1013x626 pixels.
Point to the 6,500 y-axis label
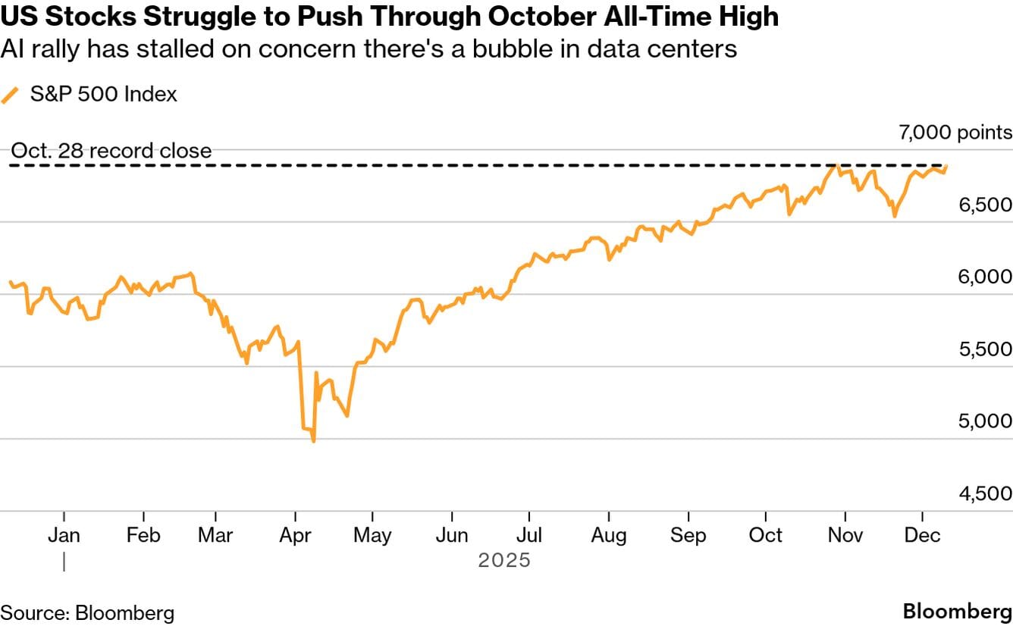click(x=980, y=205)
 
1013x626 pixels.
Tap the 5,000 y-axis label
click(x=980, y=421)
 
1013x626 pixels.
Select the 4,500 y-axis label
click(x=980, y=493)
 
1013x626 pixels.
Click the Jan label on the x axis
click(x=64, y=535)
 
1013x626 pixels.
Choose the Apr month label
click(x=295, y=535)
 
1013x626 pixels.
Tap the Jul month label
click(x=529, y=535)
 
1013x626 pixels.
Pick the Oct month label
click(x=766, y=535)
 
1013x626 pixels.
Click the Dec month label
click(x=923, y=535)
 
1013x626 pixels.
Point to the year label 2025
click(x=504, y=562)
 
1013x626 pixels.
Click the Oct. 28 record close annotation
click(x=111, y=151)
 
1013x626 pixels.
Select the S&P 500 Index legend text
click(x=104, y=95)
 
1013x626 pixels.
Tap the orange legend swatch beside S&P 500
click(x=11, y=95)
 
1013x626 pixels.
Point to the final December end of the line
click(x=946, y=166)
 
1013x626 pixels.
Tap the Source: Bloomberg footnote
click(x=87, y=612)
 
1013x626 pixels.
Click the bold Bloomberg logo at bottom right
click(x=958, y=612)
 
